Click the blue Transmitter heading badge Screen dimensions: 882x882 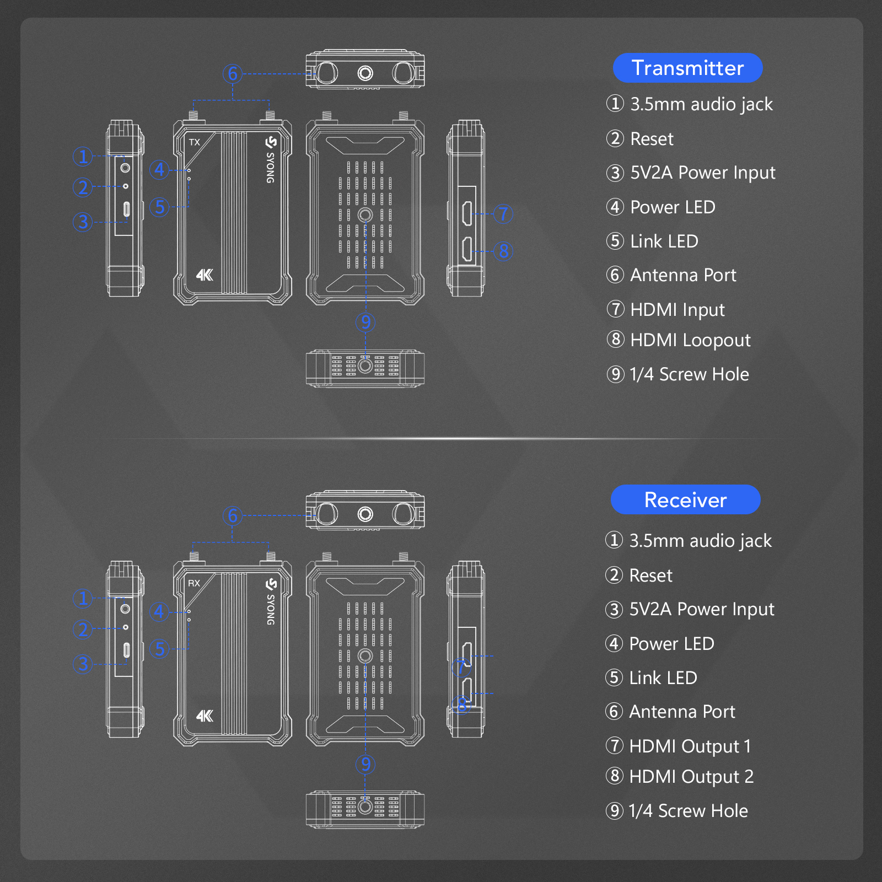687,68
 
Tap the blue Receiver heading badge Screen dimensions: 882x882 686,499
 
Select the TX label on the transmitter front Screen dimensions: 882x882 195,142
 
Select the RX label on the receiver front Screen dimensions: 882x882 194,583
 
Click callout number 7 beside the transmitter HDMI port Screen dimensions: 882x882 503,213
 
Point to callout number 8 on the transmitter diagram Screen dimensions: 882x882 503,251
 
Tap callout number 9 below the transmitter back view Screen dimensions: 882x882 365,322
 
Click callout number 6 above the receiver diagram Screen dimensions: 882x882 233,515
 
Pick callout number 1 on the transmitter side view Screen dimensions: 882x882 83,156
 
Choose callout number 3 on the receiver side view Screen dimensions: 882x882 83,664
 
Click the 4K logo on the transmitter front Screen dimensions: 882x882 205,275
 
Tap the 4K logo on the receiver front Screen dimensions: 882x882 205,716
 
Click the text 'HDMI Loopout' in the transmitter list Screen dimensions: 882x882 690,341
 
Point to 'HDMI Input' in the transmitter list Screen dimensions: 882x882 677,310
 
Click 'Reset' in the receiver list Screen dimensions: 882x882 651,576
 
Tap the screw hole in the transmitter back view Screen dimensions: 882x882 365,215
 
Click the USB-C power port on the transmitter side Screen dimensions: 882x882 126,209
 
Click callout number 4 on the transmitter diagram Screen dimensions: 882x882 159,169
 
